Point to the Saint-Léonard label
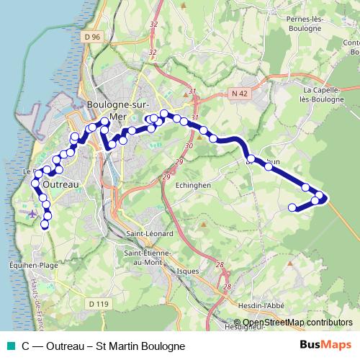click(149, 235)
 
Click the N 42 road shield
click(240, 93)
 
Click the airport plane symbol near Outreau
click(32, 214)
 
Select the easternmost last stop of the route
click(292, 208)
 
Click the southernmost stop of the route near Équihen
click(45, 225)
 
